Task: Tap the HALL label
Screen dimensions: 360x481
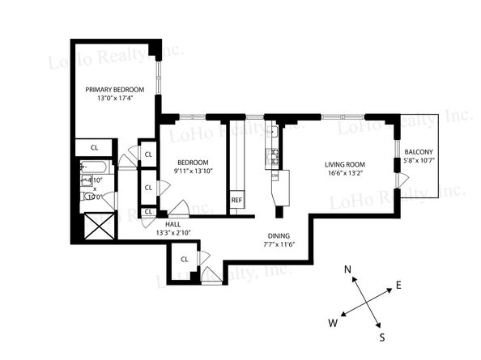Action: (x=172, y=223)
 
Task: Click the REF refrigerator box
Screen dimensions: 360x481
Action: (x=236, y=200)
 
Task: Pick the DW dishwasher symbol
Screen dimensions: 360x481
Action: (x=275, y=176)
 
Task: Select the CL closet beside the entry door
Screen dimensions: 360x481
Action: (x=184, y=259)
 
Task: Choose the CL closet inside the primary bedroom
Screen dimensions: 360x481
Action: (x=95, y=148)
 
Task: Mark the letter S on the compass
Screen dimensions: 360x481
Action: (x=382, y=337)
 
